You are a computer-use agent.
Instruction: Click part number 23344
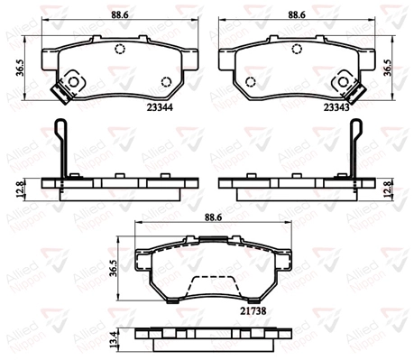tap(160, 107)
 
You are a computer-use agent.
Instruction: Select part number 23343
tap(336, 107)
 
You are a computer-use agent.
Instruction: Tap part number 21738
tap(253, 311)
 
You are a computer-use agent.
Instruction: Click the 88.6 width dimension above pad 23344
tap(120, 14)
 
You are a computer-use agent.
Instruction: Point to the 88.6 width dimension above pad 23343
tap(297, 14)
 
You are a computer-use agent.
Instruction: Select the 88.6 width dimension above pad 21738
tap(214, 217)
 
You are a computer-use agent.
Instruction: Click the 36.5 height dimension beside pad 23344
tap(21, 68)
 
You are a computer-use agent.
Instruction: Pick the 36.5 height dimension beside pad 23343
tap(388, 68)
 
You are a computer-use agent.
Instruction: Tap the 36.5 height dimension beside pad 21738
tap(114, 268)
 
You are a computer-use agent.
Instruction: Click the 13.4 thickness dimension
tap(114, 340)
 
